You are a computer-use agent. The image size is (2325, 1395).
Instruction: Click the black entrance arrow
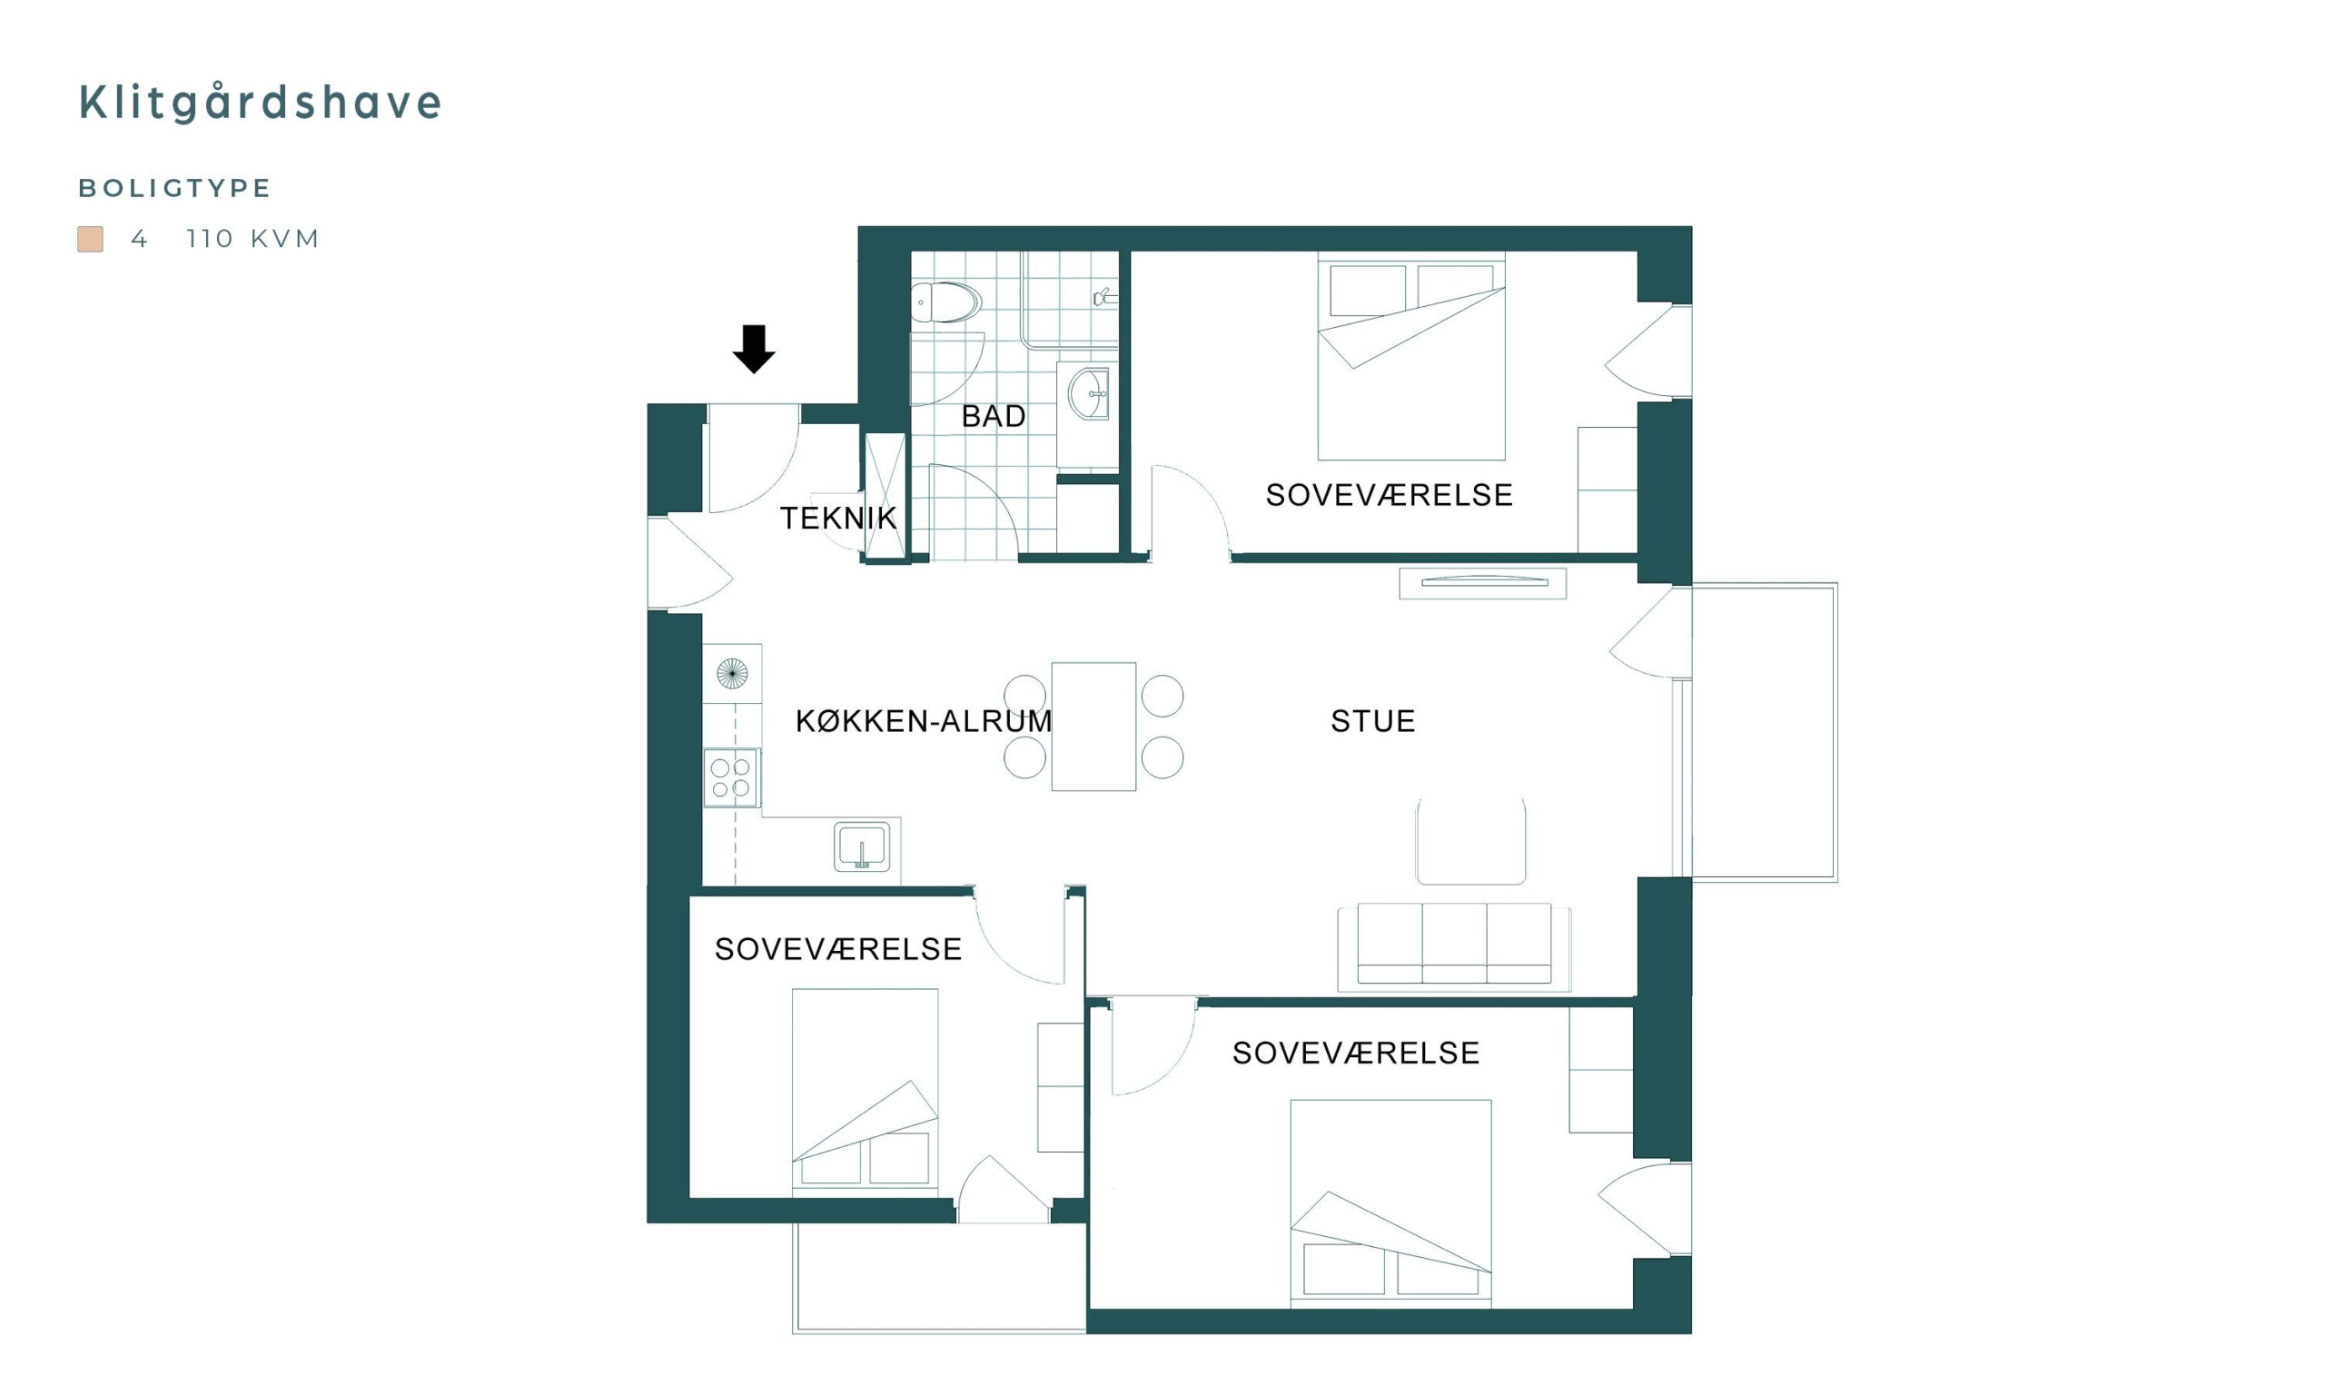point(753,349)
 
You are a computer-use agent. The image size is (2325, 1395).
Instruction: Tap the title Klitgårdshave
point(260,103)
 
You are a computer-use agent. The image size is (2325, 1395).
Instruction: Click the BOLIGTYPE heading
point(174,188)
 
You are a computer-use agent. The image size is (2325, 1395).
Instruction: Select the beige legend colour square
point(90,239)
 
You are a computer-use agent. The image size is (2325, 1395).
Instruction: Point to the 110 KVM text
point(252,239)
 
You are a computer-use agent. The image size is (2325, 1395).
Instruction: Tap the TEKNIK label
point(838,518)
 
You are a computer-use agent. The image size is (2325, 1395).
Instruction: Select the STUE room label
point(1373,721)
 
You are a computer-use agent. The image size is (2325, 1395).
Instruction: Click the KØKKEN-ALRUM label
point(924,721)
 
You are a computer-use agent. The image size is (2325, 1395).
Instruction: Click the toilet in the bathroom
point(945,302)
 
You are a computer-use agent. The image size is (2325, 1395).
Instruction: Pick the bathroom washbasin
point(1088,394)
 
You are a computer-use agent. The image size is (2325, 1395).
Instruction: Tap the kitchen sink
point(862,846)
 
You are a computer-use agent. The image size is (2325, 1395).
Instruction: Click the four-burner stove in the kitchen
point(731,777)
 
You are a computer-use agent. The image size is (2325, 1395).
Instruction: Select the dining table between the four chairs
point(1093,727)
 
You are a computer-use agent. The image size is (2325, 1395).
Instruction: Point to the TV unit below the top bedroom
point(1483,584)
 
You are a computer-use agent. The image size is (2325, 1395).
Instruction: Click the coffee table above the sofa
point(1470,841)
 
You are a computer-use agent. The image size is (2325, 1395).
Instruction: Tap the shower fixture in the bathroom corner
point(1104,298)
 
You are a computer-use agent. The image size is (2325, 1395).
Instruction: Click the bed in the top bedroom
point(1410,356)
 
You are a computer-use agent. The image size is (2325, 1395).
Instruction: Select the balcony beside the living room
point(1764,732)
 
